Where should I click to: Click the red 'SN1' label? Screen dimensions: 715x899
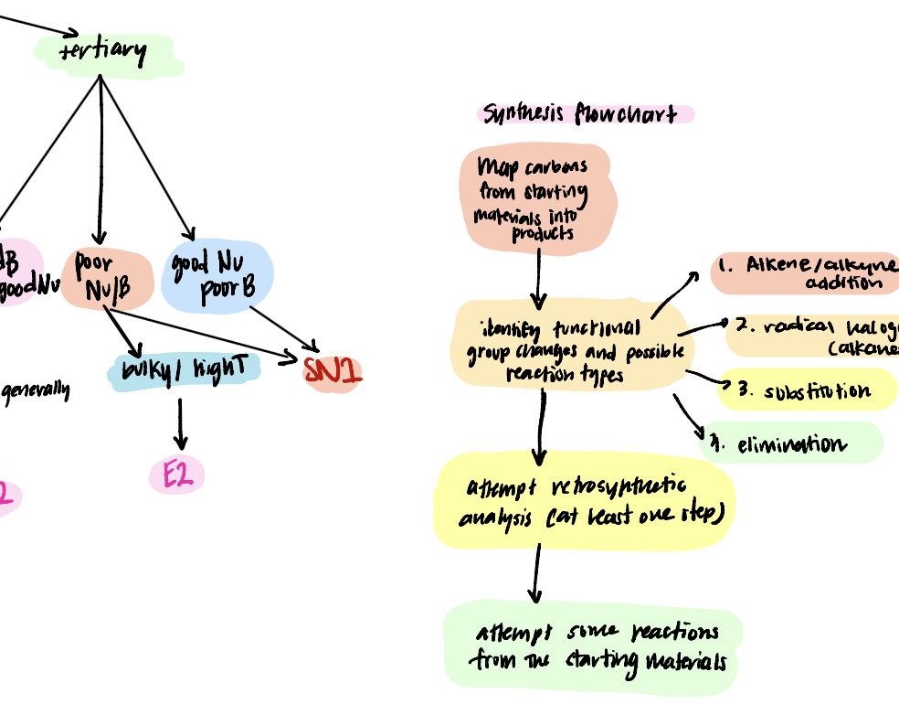click(333, 372)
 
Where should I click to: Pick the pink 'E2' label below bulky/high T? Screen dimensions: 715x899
click(177, 475)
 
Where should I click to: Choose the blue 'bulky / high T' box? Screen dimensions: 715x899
click(184, 370)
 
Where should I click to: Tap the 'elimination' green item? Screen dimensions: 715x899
click(789, 444)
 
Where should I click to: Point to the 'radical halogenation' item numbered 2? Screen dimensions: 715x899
click(813, 336)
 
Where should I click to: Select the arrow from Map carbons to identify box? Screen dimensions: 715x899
click(539, 279)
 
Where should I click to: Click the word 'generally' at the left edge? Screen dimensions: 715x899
click(35, 391)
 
